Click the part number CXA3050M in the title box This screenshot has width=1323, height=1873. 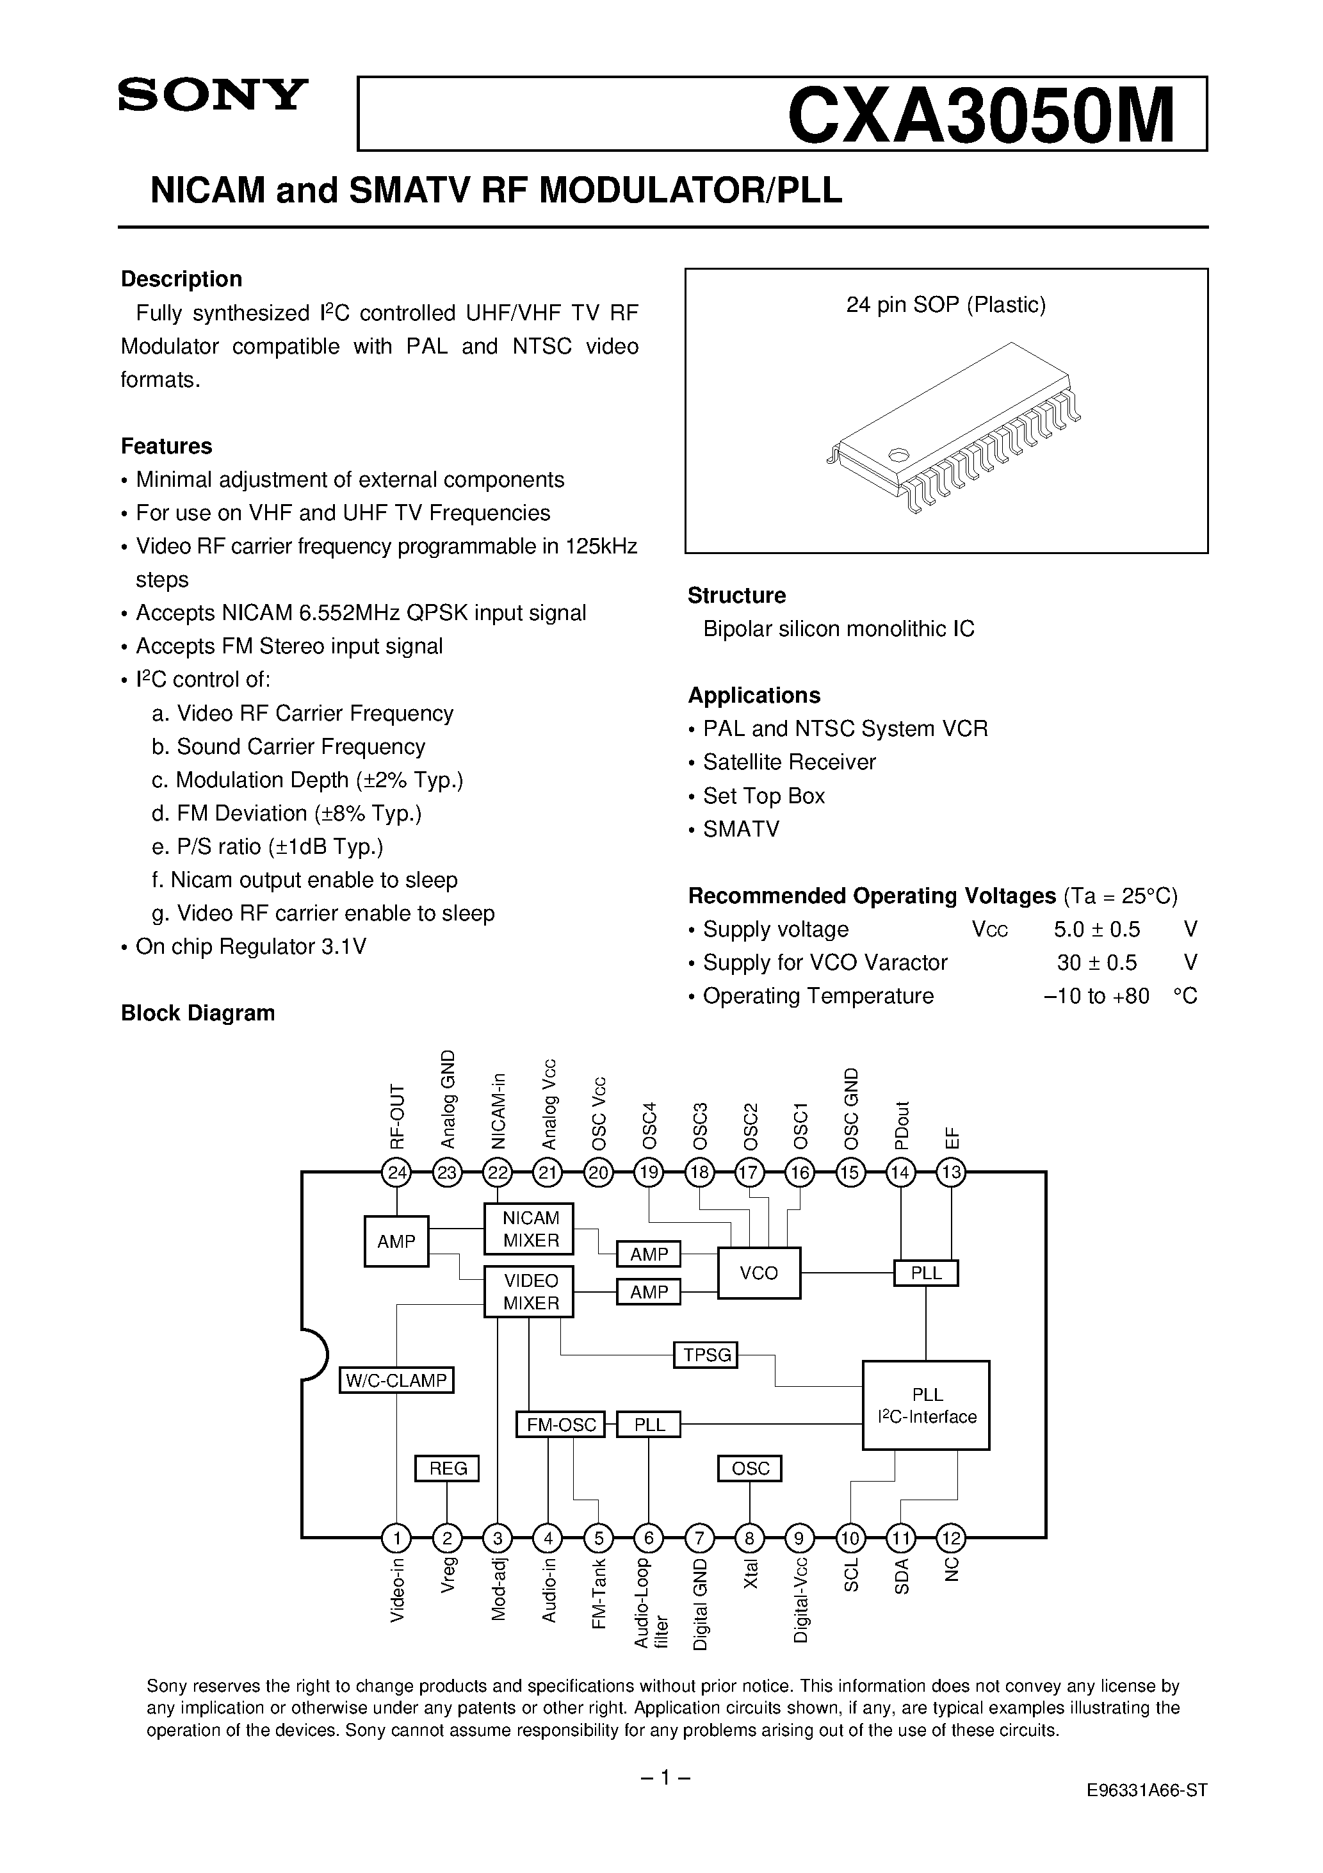click(x=981, y=117)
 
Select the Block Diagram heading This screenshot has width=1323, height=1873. click(x=197, y=1013)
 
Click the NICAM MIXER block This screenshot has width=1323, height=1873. click(x=530, y=1229)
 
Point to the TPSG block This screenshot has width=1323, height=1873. click(x=706, y=1355)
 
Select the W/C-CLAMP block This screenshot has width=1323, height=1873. click(x=396, y=1380)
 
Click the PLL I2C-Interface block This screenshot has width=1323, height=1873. click(x=926, y=1405)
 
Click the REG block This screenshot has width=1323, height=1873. click(x=447, y=1468)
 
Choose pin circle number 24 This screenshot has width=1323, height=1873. click(x=397, y=1174)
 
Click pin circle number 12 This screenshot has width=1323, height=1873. click(x=951, y=1539)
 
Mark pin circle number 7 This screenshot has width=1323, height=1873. click(x=699, y=1539)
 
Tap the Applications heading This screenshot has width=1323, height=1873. click(x=754, y=695)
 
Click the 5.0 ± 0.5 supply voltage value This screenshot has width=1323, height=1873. click(x=1096, y=929)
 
